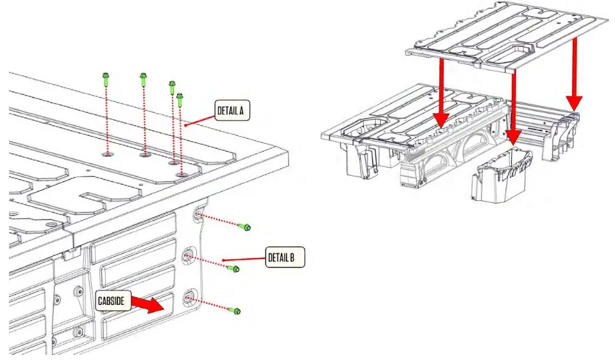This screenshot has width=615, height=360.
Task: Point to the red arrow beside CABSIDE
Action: [150, 305]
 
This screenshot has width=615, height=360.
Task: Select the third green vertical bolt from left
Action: [172, 87]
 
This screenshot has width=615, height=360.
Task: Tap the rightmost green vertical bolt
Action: [181, 99]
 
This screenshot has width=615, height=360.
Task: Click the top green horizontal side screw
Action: [244, 227]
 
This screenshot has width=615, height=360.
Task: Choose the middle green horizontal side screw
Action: [233, 268]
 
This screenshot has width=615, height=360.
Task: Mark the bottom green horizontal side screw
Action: [235, 311]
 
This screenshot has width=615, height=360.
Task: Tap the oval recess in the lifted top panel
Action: [518, 52]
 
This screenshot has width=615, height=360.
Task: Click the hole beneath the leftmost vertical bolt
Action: [107, 153]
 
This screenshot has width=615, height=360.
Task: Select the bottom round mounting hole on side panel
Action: [189, 297]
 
